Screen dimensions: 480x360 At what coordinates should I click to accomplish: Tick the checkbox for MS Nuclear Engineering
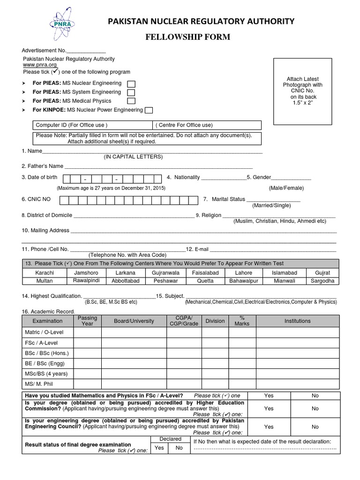coord(132,83)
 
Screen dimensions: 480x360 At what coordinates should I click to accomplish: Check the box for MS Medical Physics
coord(132,101)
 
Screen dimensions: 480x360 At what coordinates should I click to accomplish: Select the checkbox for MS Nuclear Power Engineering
coord(149,110)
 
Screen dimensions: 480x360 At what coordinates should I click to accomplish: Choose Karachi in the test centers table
coord(45,272)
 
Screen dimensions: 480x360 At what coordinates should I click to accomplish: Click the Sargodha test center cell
coord(322,281)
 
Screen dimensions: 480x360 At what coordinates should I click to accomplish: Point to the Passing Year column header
coord(87,321)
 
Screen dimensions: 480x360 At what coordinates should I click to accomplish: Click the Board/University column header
coord(134,321)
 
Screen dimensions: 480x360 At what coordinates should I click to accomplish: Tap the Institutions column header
coord(297,321)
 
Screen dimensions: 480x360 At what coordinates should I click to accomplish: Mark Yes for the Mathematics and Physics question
coord(269,396)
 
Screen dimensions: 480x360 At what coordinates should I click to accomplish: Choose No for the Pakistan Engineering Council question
coord(315,427)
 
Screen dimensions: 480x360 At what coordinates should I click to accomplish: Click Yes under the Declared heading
coord(160,448)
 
